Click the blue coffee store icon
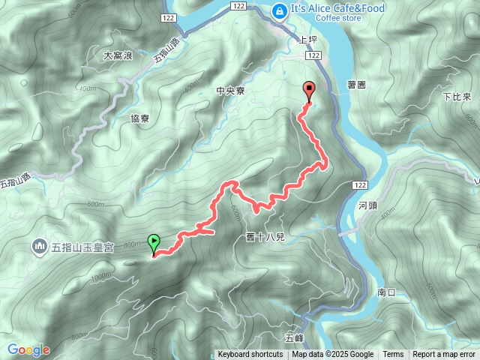pos(279,10)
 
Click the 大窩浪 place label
pos(118,55)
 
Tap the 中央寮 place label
pos(230,91)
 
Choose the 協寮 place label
pos(140,118)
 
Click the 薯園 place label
pos(357,85)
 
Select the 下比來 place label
pos(456,97)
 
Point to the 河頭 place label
pos(368,204)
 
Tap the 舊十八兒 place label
pos(265,237)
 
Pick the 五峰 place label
pos(295,337)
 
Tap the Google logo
pos(28,350)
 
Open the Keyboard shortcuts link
pos(250,355)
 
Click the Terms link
pos(393,355)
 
